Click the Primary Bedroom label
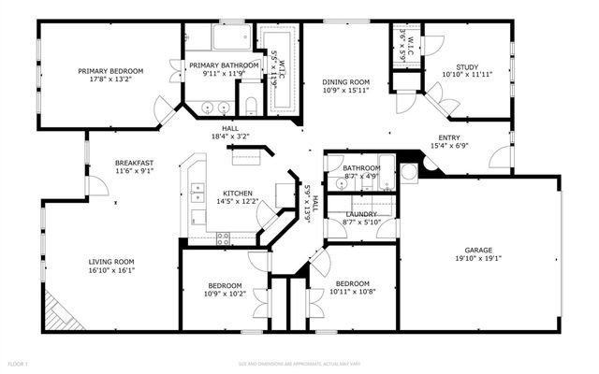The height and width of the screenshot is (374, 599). pyautogui.click(x=110, y=71)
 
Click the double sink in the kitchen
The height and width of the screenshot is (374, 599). pyautogui.click(x=198, y=194)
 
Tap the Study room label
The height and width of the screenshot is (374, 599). pyautogui.click(x=467, y=66)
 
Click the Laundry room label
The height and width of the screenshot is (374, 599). pyautogui.click(x=361, y=213)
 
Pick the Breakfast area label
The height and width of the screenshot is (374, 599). pyautogui.click(x=134, y=163)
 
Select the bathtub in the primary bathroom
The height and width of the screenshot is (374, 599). pyautogui.click(x=229, y=38)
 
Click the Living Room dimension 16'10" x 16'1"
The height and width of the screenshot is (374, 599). pyautogui.click(x=112, y=271)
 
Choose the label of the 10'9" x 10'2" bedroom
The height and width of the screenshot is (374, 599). pyautogui.click(x=225, y=286)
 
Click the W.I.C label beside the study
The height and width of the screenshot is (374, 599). pyautogui.click(x=405, y=40)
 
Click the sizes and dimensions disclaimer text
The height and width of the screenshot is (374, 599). pyautogui.click(x=299, y=363)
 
